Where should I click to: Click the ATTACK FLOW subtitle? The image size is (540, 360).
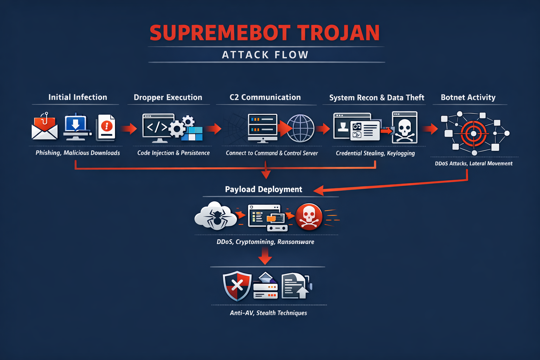pyautogui.click(x=265, y=55)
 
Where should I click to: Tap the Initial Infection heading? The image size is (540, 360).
pyautogui.click(x=78, y=97)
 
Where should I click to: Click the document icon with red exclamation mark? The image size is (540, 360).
pyautogui.click(x=106, y=127)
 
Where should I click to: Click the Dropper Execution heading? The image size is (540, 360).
pyautogui.click(x=168, y=97)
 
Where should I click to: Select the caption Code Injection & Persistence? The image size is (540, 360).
pyautogui.click(x=173, y=153)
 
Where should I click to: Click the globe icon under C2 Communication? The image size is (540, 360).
pyautogui.click(x=301, y=128)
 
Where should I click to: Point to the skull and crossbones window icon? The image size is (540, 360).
pyautogui.click(x=405, y=128)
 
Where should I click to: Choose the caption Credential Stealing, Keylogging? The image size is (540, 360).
pyautogui.click(x=375, y=153)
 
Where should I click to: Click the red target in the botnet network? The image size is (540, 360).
pyautogui.click(x=474, y=134)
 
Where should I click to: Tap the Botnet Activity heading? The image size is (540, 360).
pyautogui.click(x=468, y=97)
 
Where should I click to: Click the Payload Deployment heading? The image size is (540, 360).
pyautogui.click(x=263, y=189)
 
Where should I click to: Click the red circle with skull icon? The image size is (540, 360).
pyautogui.click(x=309, y=217)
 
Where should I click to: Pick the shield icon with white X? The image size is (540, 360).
pyautogui.click(x=237, y=285)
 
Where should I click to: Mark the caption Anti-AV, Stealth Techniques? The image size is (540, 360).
pyautogui.click(x=268, y=313)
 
